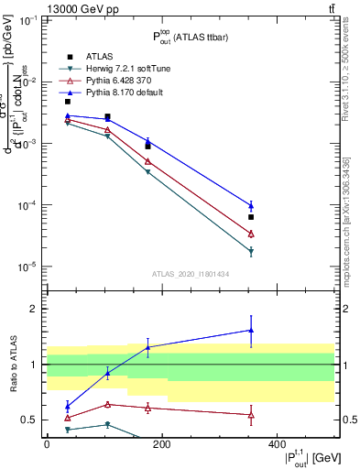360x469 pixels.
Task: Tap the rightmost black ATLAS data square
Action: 251,217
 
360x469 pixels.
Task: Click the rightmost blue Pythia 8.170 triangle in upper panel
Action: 251,205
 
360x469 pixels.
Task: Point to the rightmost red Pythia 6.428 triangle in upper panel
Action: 251,234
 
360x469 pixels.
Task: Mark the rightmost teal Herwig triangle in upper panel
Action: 251,252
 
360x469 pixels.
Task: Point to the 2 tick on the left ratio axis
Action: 36,310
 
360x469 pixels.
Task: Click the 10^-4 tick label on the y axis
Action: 27,205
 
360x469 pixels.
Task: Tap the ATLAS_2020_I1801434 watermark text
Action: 190,274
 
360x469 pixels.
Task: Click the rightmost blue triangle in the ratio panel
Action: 251,331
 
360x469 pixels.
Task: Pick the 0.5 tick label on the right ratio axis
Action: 347,420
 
